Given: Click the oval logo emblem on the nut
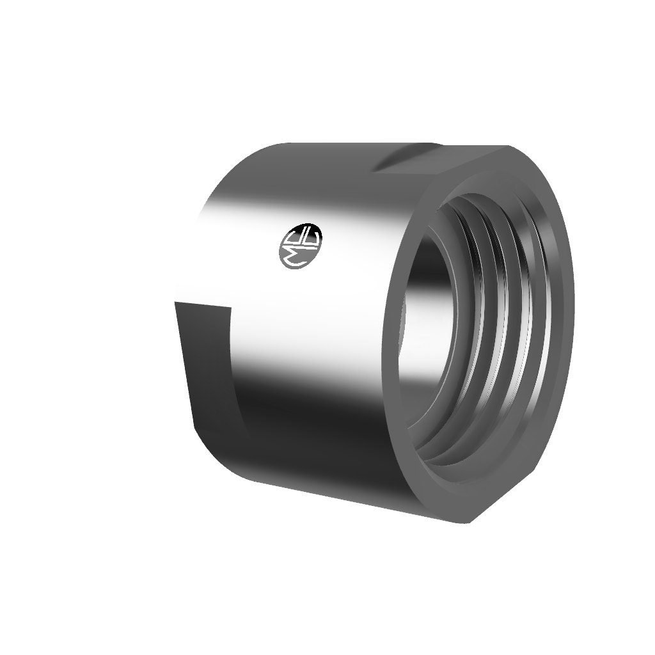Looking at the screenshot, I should point(302,246).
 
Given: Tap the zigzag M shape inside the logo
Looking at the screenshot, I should point(292,249).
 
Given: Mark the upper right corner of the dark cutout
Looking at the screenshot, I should point(230,308).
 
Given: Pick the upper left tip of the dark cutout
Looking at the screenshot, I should point(175,303).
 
